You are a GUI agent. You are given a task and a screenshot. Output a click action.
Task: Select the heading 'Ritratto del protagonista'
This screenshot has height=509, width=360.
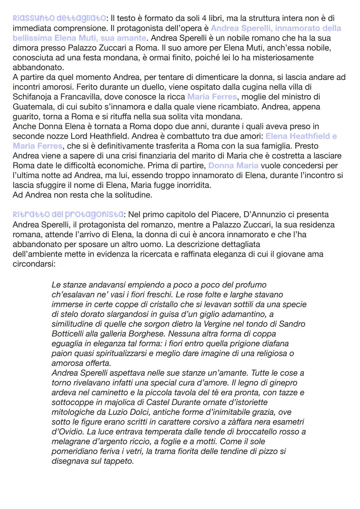[x=68, y=214]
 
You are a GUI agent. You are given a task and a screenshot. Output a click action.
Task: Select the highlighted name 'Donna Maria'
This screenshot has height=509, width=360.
[x=233, y=165]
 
